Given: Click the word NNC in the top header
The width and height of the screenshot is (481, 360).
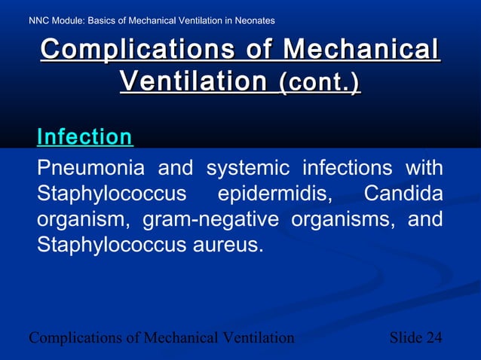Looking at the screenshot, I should pos(40,20).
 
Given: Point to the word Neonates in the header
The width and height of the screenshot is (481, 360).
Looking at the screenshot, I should pos(253,20).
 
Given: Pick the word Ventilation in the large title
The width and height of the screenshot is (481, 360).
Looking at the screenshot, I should pos(193,81).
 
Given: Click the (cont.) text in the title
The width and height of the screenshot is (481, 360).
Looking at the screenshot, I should pos(320,82).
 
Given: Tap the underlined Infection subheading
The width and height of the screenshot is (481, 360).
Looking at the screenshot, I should pos(84,137).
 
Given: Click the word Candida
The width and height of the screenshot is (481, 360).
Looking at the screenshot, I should pos(403,194).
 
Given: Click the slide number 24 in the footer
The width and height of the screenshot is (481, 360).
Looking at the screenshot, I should pos(434,337).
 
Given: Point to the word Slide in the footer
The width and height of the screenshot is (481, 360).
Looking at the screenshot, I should pos(406,337).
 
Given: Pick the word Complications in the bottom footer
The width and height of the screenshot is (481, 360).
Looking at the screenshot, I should pos(74,337).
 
